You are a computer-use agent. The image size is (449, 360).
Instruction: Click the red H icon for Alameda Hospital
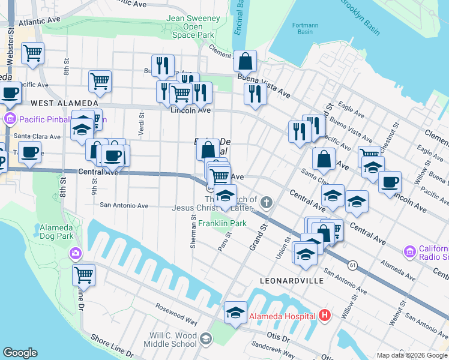(x=325, y=315)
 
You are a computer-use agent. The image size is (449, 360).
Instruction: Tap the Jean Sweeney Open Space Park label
(x=193, y=27)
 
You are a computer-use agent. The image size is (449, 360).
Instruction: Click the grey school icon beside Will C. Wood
(x=206, y=340)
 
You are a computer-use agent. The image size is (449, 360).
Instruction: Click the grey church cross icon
(x=267, y=203)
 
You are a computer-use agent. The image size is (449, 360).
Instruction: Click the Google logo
(x=20, y=353)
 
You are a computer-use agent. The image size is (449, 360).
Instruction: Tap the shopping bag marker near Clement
(x=245, y=61)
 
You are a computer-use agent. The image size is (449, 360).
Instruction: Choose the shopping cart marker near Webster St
(x=32, y=53)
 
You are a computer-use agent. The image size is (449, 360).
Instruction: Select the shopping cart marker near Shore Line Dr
(x=84, y=275)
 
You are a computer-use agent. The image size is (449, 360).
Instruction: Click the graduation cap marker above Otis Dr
(x=235, y=312)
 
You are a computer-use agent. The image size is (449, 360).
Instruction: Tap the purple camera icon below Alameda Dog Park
(x=75, y=254)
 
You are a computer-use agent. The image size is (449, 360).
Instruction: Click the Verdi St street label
(x=142, y=124)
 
